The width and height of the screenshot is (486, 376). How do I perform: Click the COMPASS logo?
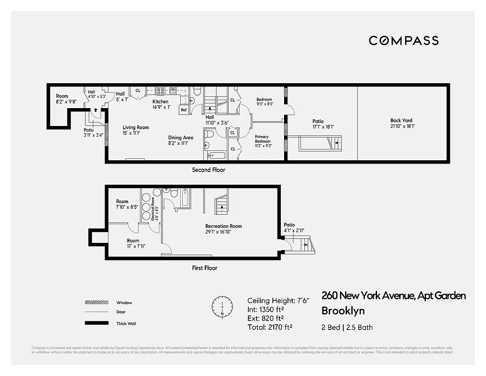(x=403, y=40)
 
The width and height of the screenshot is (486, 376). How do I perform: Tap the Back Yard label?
(x=401, y=121)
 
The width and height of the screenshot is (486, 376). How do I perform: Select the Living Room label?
(x=136, y=127)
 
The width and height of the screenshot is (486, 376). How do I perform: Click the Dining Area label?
(x=181, y=138)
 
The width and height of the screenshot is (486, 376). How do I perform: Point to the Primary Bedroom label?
(x=262, y=139)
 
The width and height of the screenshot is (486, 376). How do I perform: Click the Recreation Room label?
(x=224, y=227)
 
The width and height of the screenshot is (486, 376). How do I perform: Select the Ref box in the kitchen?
(x=184, y=110)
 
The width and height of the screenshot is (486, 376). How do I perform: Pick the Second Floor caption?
(x=208, y=170)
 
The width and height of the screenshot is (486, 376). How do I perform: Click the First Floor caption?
(x=205, y=268)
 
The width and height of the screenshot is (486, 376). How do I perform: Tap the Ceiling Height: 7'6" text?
(x=278, y=301)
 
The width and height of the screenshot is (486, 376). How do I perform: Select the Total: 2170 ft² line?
(x=270, y=327)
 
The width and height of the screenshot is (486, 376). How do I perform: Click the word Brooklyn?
(x=343, y=311)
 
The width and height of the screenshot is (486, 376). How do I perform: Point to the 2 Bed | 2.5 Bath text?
(x=347, y=327)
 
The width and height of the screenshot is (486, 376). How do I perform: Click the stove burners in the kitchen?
(x=160, y=90)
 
